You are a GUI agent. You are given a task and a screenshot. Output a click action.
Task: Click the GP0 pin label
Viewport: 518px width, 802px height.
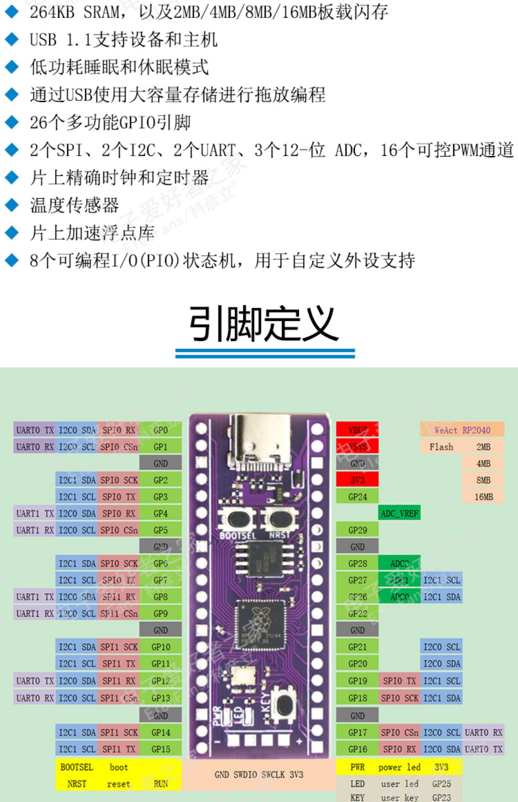pyautogui.click(x=161, y=430)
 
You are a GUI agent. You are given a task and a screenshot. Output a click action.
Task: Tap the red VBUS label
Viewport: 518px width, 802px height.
pyautogui.click(x=357, y=430)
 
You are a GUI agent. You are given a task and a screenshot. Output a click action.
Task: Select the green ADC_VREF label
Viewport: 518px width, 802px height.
pyautogui.click(x=400, y=514)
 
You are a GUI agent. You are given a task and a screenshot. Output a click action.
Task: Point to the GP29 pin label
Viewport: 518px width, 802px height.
pyautogui.click(x=357, y=530)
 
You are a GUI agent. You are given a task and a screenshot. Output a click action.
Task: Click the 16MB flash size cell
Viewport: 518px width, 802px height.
pyautogui.click(x=483, y=497)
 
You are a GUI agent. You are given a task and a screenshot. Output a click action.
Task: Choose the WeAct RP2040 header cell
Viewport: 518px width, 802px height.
pyautogui.click(x=462, y=430)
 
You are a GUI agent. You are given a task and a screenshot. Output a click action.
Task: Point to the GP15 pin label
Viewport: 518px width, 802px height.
pyautogui.click(x=161, y=749)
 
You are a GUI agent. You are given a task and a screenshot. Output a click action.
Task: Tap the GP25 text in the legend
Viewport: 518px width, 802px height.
pyautogui.click(x=442, y=784)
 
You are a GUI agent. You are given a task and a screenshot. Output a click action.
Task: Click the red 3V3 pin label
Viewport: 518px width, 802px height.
pyautogui.click(x=357, y=480)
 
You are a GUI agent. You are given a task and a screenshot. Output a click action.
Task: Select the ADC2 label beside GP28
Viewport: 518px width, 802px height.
pyautogui.click(x=400, y=564)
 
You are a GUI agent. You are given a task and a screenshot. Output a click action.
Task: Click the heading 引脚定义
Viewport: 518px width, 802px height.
pyautogui.click(x=265, y=324)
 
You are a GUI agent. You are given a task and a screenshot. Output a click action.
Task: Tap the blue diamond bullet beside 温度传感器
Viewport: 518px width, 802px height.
pyautogui.click(x=12, y=205)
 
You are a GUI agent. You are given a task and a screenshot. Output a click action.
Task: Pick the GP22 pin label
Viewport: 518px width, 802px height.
pyautogui.click(x=357, y=613)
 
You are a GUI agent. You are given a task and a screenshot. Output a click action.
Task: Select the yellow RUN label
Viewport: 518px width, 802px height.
pyautogui.click(x=161, y=784)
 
